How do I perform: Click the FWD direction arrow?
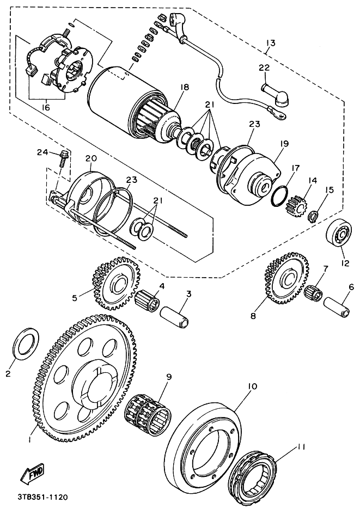33,474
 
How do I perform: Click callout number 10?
252,387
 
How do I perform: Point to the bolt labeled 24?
63,158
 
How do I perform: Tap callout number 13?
271,42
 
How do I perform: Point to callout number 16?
46,108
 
